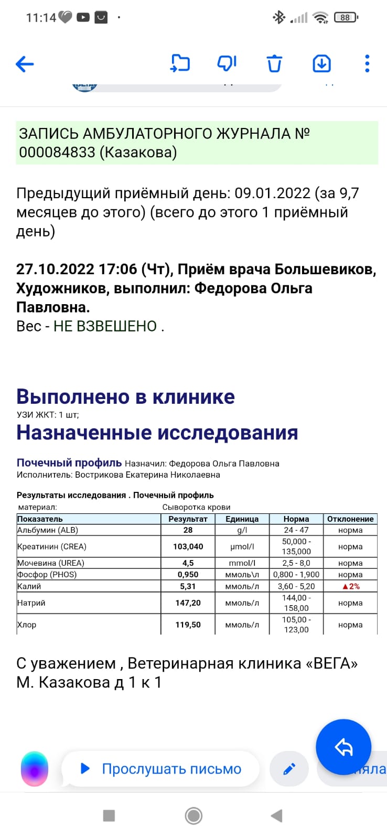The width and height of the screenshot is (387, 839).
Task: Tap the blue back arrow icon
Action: pos(25,64)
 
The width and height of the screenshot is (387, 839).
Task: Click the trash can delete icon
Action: pos(274,63)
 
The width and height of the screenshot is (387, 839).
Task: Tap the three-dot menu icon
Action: pos(367,63)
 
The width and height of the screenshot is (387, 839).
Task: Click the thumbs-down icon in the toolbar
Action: pos(227,63)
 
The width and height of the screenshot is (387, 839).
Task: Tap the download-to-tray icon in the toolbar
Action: pos(321,63)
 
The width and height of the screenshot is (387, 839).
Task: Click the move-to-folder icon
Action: pos(180,63)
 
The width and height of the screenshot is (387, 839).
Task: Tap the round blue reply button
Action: pos(343,747)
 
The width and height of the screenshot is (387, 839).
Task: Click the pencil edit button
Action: pos(289,769)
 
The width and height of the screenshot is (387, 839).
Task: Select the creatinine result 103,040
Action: pos(188,546)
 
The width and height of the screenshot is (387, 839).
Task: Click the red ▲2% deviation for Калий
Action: pos(350,586)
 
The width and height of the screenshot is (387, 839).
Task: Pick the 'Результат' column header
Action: pos(188,519)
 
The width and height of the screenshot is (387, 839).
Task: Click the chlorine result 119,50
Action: pos(188,625)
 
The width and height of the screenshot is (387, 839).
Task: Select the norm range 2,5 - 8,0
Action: pos(296,563)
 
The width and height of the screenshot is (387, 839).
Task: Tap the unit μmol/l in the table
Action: pos(242,546)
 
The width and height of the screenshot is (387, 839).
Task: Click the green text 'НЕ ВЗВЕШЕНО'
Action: pos(105,326)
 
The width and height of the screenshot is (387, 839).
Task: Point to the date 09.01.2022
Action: pos(272,193)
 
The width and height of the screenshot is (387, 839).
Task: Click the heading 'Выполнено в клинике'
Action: pos(125,396)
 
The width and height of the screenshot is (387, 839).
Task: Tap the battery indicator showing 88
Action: pos(346,17)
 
